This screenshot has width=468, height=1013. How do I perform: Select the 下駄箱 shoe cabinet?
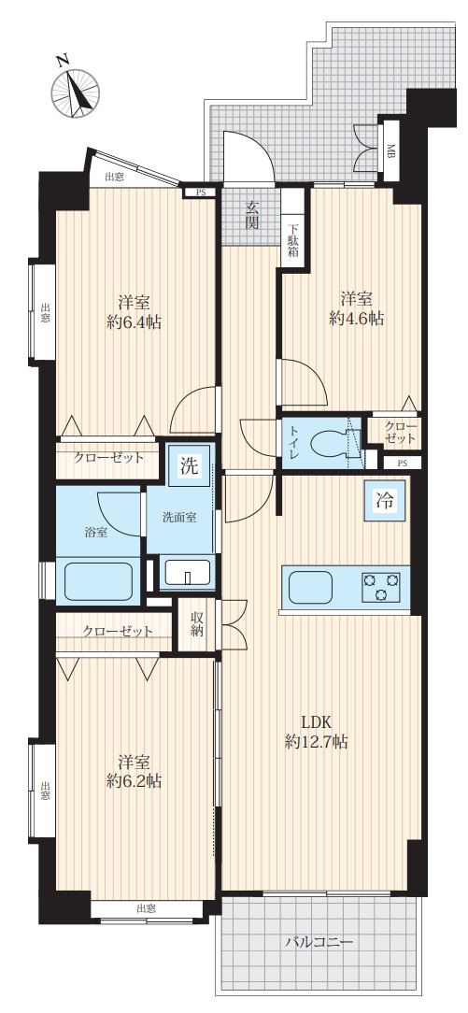click(293, 239)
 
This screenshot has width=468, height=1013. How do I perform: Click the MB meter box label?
click(391, 151)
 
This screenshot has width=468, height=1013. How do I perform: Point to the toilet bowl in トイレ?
click(327, 443)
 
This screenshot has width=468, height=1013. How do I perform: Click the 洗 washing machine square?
click(189, 465)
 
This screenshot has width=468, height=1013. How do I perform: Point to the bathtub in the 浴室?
click(98, 582)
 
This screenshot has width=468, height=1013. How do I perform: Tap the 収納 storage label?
click(197, 624)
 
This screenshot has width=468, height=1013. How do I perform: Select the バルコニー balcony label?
click(319, 943)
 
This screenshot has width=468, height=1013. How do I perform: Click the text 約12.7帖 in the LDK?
click(317, 743)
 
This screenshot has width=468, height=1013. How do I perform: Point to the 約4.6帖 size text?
click(356, 320)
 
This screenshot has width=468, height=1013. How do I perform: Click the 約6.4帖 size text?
click(135, 321)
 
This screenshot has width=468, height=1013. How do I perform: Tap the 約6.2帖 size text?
click(135, 782)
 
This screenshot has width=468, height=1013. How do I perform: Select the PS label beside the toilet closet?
click(403, 464)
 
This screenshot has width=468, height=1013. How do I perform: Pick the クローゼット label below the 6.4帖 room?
click(108, 458)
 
